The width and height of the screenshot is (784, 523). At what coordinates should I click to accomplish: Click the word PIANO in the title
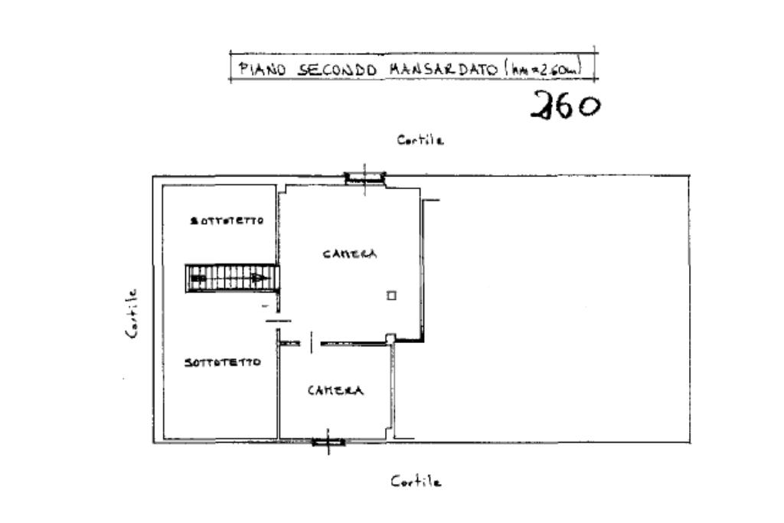(x=263, y=69)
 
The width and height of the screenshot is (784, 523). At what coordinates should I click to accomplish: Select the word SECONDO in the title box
(x=337, y=69)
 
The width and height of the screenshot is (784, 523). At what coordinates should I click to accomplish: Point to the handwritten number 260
(x=566, y=105)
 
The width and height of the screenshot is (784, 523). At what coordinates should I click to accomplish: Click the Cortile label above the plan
(x=420, y=140)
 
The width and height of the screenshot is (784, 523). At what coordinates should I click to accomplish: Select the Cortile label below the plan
(x=416, y=482)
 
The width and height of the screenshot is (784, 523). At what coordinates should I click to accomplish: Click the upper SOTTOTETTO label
(x=227, y=221)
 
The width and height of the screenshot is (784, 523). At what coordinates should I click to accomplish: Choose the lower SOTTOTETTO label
(x=222, y=362)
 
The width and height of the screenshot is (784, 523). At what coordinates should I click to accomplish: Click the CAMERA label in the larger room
(x=349, y=254)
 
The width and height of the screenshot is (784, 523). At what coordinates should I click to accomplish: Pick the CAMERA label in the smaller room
(x=335, y=391)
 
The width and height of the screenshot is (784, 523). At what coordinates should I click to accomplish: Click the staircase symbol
(x=232, y=277)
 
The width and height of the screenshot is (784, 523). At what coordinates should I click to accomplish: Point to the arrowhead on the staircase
(x=262, y=277)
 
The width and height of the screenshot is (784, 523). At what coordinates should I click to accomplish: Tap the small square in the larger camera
(x=391, y=296)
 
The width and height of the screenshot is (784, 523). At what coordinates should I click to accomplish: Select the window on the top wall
(x=364, y=178)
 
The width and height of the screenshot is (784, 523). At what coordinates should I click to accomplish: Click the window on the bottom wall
(x=328, y=441)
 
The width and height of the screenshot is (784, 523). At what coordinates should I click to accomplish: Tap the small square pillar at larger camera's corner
(x=390, y=338)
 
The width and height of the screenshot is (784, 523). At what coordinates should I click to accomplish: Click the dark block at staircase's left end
(x=198, y=279)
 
